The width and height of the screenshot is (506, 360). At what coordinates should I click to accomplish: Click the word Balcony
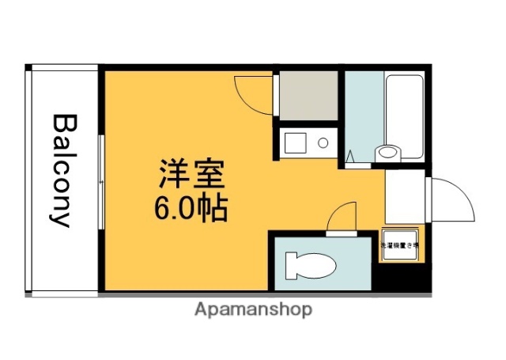point(64,171)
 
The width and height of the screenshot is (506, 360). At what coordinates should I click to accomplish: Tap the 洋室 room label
point(191,172)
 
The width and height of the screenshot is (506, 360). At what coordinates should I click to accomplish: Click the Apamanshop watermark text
point(253,309)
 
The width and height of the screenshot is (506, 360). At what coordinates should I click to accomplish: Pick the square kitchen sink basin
point(296,143)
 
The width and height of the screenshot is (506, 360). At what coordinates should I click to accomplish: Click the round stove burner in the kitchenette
point(323,143)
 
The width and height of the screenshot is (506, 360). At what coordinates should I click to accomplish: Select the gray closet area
point(307,96)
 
